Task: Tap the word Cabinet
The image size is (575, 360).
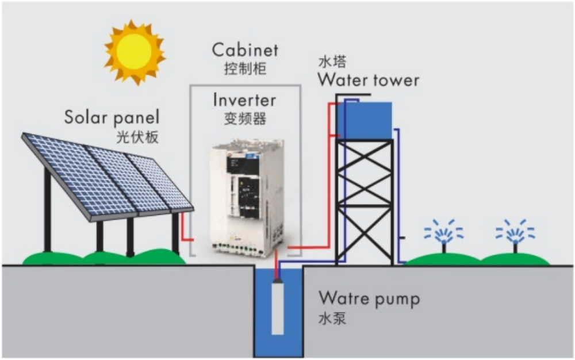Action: pyautogui.click(x=245, y=51)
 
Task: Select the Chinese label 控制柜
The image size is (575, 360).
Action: pyautogui.click(x=245, y=68)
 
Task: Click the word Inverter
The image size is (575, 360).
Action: pyautogui.click(x=244, y=100)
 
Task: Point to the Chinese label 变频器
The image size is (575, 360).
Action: pyautogui.click(x=244, y=118)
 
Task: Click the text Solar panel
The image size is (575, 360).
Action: pyautogui.click(x=112, y=118)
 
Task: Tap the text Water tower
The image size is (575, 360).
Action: pyautogui.click(x=369, y=80)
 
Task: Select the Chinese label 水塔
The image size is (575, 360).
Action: pyautogui.click(x=332, y=62)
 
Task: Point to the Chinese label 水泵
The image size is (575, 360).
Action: pyautogui.click(x=332, y=318)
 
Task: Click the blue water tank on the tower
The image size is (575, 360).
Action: pyautogui.click(x=366, y=120)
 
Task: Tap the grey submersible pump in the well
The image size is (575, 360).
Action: pyautogui.click(x=278, y=306)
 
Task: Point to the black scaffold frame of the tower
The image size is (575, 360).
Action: pyautogui.click(x=365, y=201)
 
